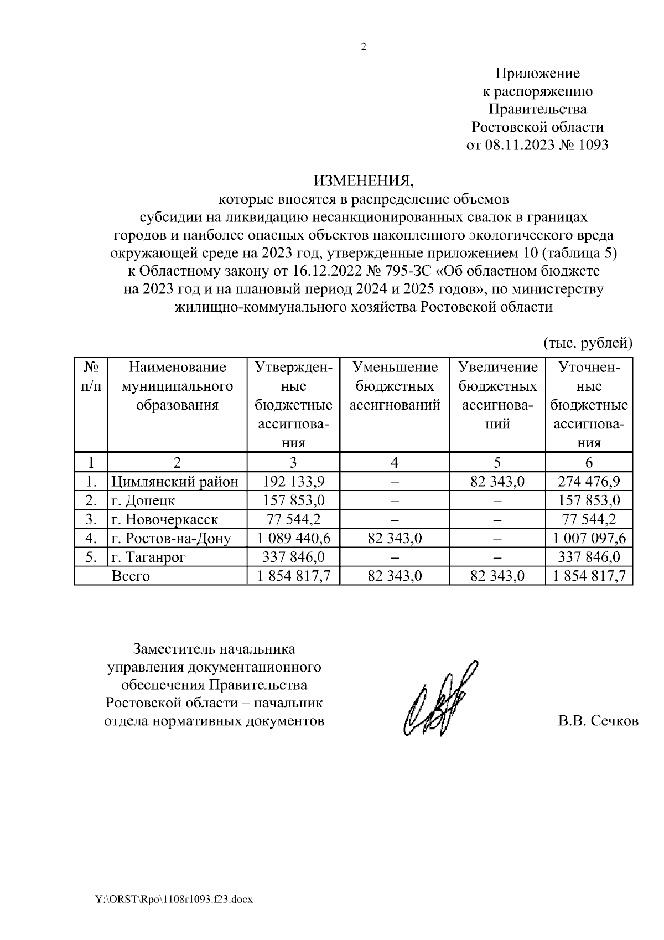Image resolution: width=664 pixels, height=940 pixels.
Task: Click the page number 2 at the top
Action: pos(364,47)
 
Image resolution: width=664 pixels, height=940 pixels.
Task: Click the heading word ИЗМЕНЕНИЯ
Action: pos(364,180)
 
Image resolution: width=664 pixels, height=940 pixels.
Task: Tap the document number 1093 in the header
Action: pos(593,145)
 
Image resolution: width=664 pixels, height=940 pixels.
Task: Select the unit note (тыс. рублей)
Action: pos(588,343)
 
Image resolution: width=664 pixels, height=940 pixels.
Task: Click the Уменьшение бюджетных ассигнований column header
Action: pos(395,386)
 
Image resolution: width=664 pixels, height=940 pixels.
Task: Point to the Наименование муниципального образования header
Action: pos(177,386)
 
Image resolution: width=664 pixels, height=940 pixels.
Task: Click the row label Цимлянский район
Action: pos(175,482)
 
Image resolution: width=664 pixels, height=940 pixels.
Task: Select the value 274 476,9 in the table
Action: pos(589,482)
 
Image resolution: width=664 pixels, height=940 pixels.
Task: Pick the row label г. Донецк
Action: pos(143,500)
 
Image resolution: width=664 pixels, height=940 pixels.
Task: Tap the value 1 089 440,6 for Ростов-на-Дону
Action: pos(293,538)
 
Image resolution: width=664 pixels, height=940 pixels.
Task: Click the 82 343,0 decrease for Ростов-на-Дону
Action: pos(395,538)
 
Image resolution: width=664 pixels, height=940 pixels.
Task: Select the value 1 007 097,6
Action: pos(589,538)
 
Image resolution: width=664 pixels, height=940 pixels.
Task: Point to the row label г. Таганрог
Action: pos(148,557)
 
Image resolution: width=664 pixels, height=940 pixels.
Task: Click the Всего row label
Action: pos(131,576)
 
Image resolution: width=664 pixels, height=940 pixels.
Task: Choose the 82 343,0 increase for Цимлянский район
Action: pos(497,482)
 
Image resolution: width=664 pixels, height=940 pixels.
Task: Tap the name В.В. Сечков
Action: pos(598,721)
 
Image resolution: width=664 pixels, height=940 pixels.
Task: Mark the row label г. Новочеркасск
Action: pos(164,519)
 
